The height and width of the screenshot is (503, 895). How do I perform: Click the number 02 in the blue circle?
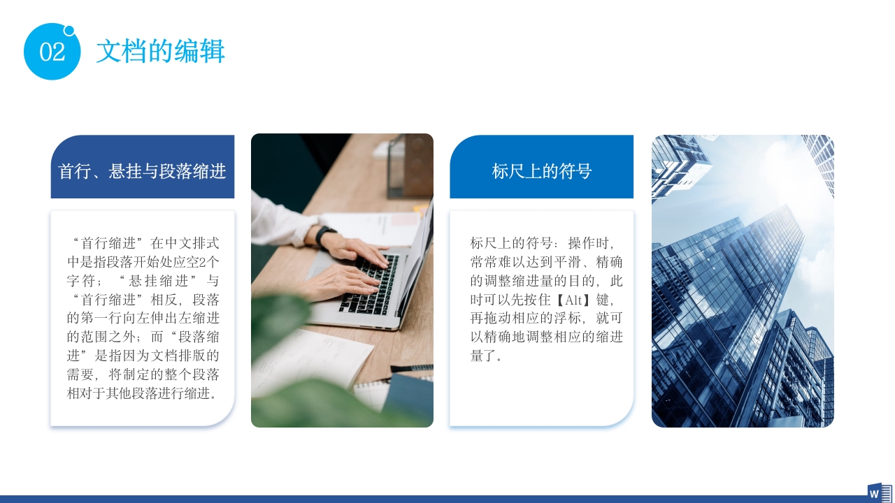tap(52, 52)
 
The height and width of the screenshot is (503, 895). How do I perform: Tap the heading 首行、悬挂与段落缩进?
tap(142, 171)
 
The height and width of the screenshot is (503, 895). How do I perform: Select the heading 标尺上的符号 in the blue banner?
tap(541, 171)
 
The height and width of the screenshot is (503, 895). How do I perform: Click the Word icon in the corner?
tap(879, 492)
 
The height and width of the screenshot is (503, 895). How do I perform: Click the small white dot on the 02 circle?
tap(69, 30)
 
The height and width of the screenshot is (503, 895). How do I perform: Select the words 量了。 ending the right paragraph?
tap(487, 356)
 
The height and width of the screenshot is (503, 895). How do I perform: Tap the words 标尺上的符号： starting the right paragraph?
tap(515, 243)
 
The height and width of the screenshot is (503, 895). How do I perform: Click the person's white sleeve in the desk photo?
tap(276, 220)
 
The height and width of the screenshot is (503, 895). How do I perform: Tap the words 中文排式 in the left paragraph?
tap(194, 243)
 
